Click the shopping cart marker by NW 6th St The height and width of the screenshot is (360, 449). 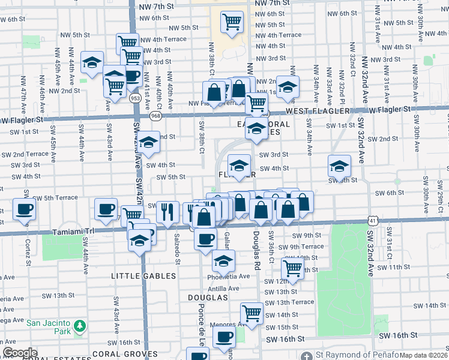pos(232,23)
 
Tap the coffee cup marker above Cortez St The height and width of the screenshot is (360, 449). pos(24,209)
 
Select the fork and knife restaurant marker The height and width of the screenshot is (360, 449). pos(167,211)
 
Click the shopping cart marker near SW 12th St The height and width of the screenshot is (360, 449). pos(292,269)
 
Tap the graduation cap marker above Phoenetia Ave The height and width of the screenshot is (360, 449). pos(223,261)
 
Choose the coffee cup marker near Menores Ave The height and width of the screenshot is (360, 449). pos(224,338)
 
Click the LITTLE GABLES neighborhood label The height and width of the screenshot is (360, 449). pos(143,276)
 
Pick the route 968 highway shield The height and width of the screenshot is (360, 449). pos(155,115)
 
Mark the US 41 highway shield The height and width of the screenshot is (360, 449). pos(373,221)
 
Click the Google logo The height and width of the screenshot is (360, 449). pos(20,353)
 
